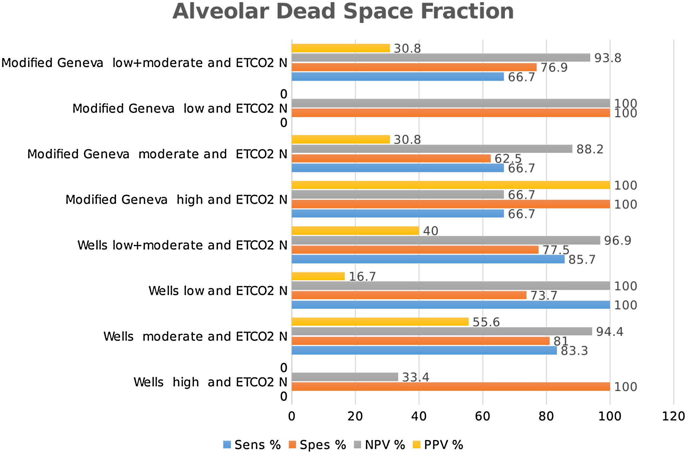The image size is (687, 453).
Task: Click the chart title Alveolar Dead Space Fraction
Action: click(x=343, y=12)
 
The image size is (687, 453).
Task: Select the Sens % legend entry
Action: click(x=252, y=445)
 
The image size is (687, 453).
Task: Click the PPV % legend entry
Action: click(x=438, y=445)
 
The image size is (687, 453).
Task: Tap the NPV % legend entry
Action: click(x=380, y=445)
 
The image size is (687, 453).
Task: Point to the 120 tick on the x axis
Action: click(x=673, y=416)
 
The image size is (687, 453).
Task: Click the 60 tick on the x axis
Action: click(x=482, y=416)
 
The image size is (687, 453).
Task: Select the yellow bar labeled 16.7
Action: click(x=318, y=276)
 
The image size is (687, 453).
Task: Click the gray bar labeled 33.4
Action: click(x=345, y=377)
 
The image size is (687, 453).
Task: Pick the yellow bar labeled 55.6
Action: click(x=380, y=322)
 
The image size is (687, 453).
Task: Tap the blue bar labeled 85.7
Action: click(x=428, y=259)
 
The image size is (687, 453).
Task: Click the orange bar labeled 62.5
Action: click(x=391, y=158)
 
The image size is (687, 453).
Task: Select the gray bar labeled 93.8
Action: click(x=441, y=58)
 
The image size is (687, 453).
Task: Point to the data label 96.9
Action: click(x=617, y=241)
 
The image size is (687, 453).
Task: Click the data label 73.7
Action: click(x=543, y=296)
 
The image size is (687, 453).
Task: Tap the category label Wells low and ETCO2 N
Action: click(x=218, y=291)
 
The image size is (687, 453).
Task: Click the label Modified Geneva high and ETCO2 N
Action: click(x=176, y=200)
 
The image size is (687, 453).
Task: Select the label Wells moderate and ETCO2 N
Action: click(x=195, y=336)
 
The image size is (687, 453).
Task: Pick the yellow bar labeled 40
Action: click(x=355, y=231)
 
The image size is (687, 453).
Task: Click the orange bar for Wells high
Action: click(x=450, y=386)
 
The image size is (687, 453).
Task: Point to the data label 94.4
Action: click(x=609, y=332)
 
